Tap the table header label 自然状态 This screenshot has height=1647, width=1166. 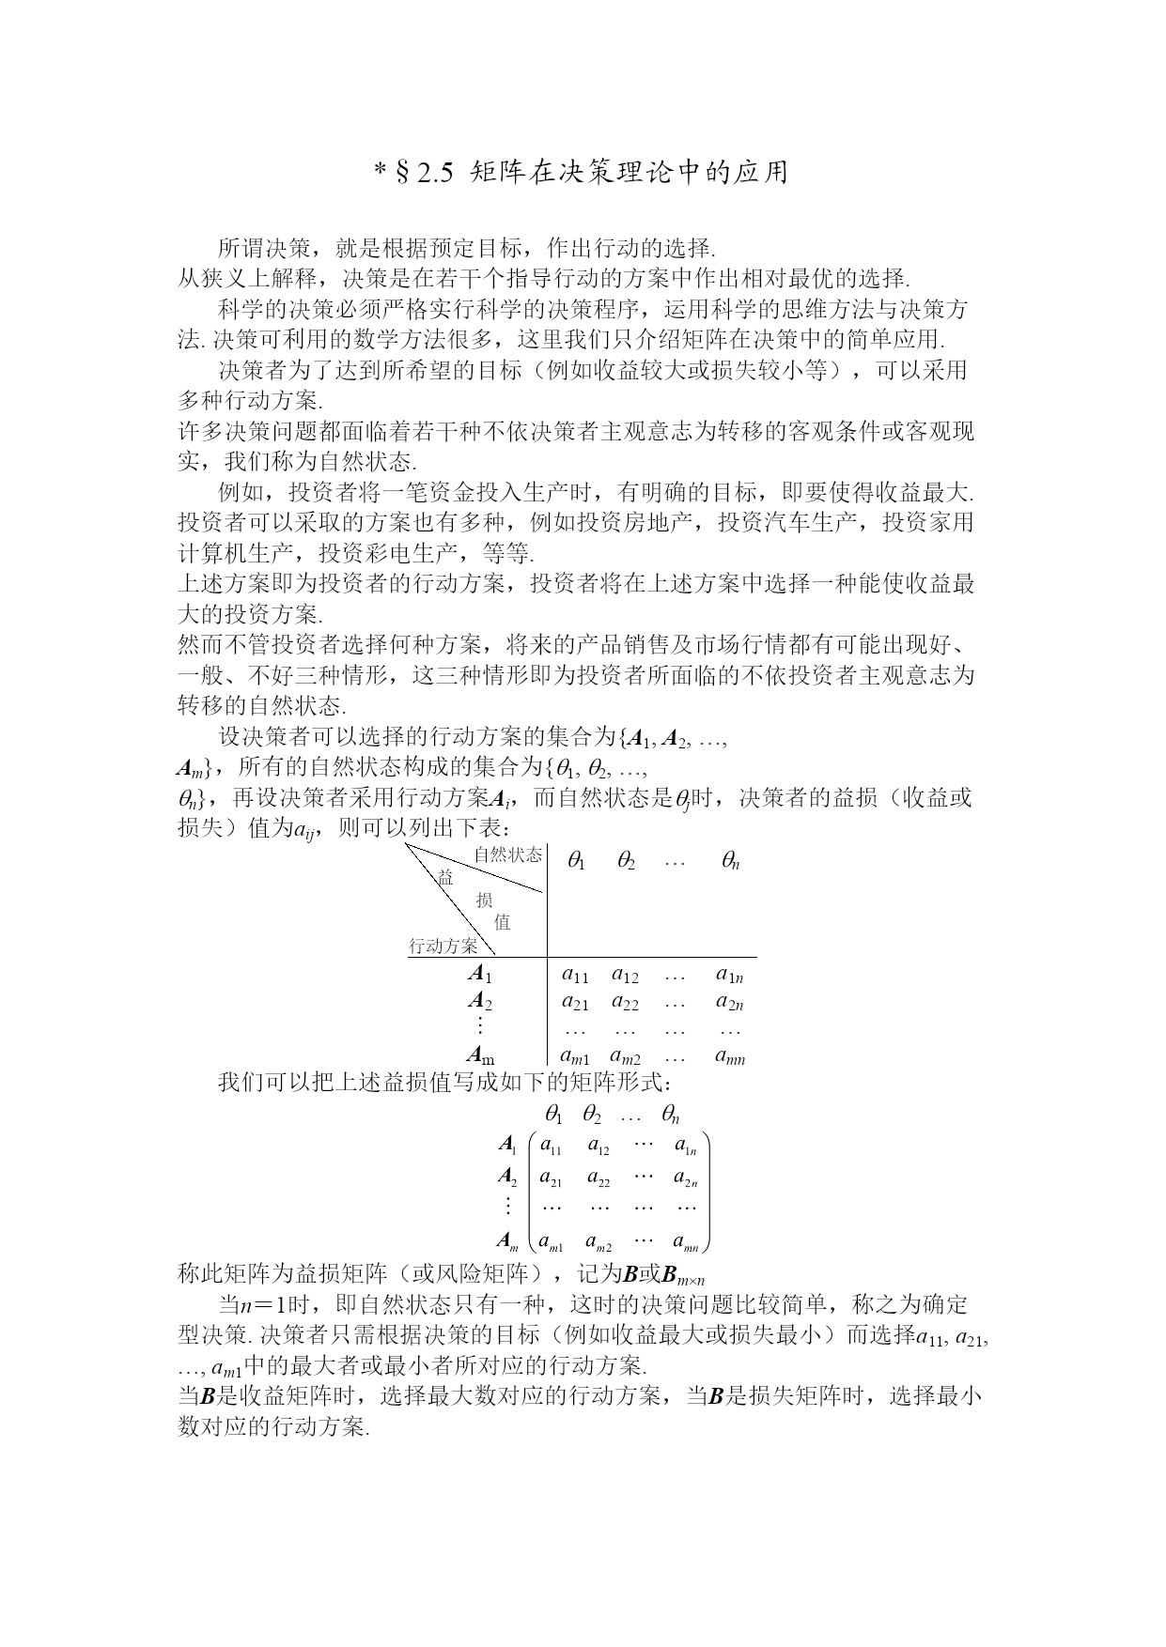coord(507,854)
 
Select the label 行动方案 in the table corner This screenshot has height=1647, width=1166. coord(443,946)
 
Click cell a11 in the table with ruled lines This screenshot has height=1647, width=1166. coord(575,975)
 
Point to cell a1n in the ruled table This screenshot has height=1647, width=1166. coord(729,975)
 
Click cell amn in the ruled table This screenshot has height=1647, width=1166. coord(729,1057)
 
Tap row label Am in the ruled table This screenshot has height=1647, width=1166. coord(481,1056)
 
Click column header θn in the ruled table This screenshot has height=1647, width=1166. coord(730,860)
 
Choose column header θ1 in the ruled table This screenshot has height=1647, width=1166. coord(576,860)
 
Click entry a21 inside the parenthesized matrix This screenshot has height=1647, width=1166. coord(551,1177)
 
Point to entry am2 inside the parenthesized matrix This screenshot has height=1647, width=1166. coord(599,1243)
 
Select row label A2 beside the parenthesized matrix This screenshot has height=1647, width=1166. coord(507,1177)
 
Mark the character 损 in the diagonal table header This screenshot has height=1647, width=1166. coord(484,900)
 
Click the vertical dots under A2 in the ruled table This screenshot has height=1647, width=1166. coord(480,1025)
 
